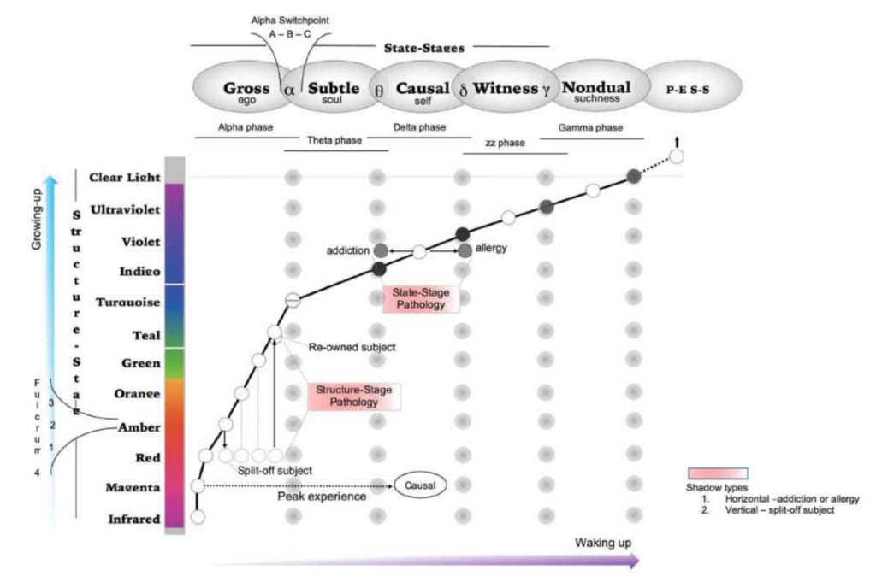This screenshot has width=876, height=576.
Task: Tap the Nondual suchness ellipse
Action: [595, 89]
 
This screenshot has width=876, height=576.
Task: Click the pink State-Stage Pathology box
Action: [420, 298]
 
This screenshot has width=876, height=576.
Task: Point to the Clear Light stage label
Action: [124, 177]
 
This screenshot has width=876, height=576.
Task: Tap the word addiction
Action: [346, 250]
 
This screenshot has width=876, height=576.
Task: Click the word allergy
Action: [492, 247]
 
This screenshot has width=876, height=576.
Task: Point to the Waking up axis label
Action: [603, 542]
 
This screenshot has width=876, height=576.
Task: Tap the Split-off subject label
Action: [274, 471]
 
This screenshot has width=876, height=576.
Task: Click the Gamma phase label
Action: [589, 127]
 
